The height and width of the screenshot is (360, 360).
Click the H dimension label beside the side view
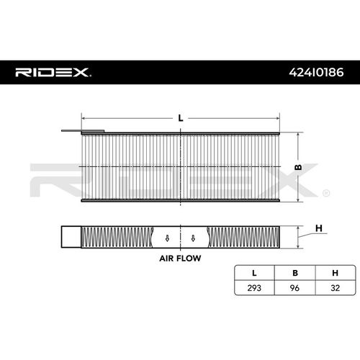click(318, 229)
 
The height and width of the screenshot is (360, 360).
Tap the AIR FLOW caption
click(179, 256)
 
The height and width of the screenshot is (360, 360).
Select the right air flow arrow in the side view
click(192, 238)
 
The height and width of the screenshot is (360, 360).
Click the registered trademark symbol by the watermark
click(327, 193)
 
